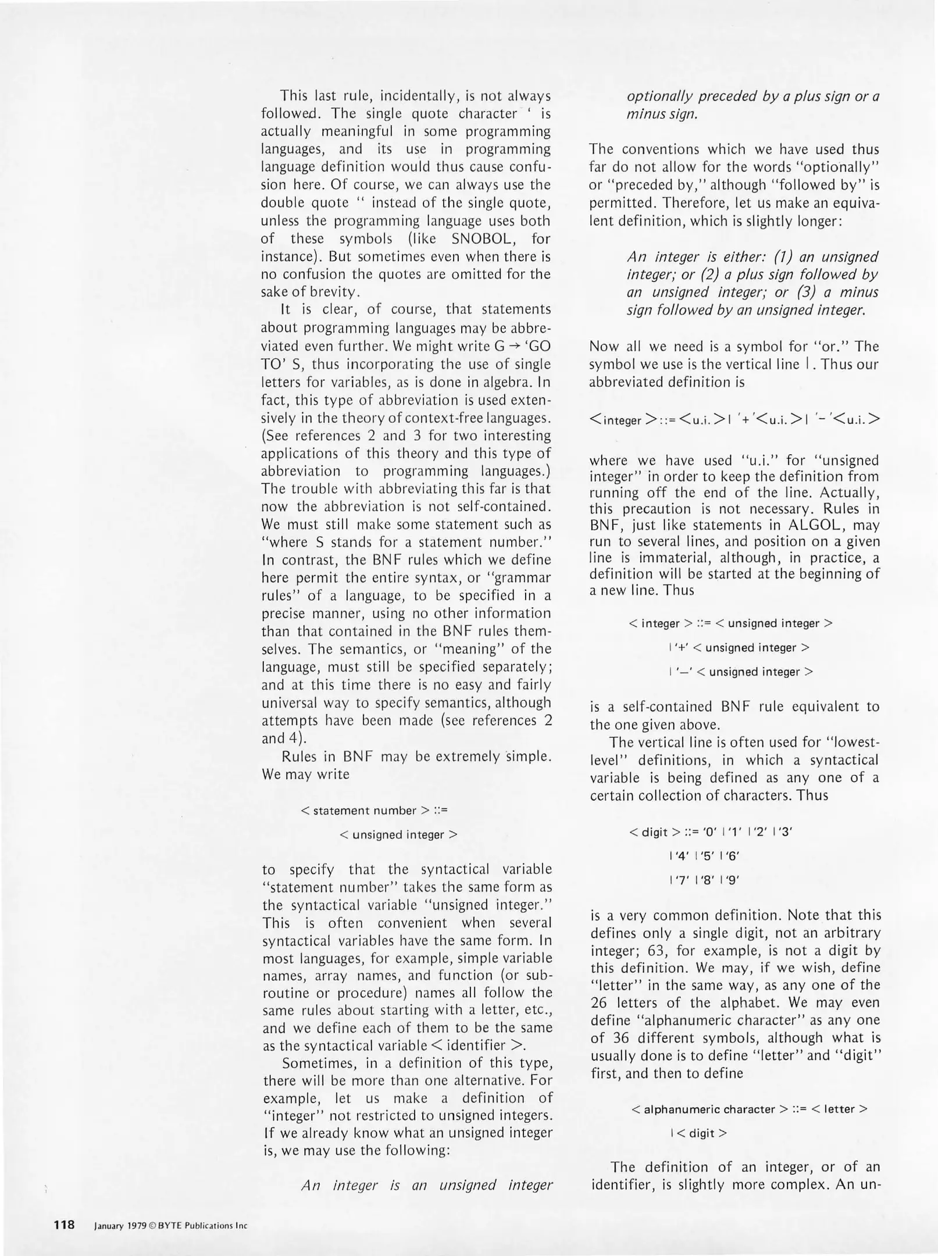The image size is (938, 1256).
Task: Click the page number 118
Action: [65, 1225]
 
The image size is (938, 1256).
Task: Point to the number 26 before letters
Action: [598, 1003]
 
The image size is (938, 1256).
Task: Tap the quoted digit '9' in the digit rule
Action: [732, 880]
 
